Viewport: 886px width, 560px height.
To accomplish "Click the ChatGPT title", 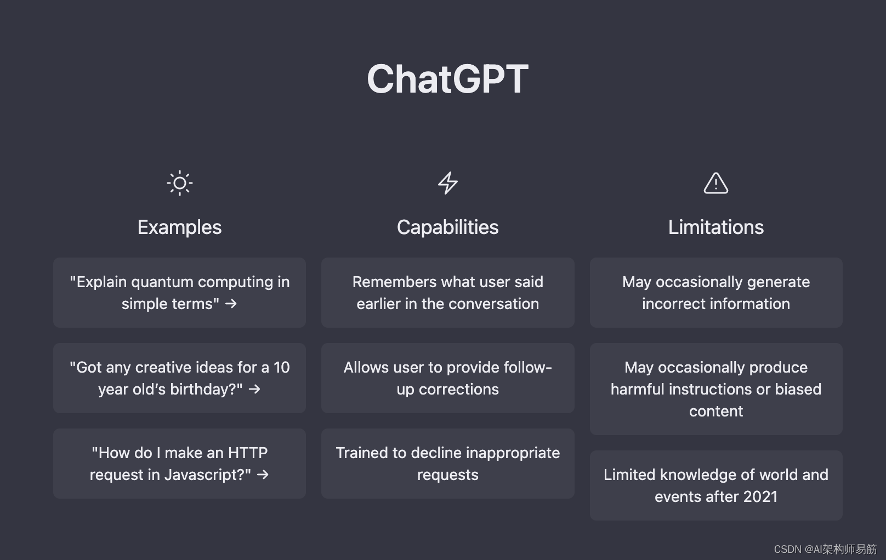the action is click(447, 79).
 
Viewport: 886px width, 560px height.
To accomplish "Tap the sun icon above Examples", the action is click(180, 183).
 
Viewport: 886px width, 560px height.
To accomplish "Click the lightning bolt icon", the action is click(448, 183).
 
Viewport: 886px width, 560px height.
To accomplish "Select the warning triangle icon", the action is click(716, 183).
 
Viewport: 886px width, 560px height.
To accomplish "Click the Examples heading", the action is click(180, 227).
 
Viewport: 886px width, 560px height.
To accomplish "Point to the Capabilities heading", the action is click(448, 227).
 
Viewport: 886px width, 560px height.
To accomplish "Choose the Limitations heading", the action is click(716, 227).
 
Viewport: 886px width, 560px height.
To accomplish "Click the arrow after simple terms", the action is click(231, 304).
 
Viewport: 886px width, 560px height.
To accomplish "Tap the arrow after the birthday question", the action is click(254, 389).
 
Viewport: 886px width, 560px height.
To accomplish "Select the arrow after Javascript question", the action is click(263, 475).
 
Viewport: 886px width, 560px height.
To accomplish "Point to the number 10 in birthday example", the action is click(282, 368).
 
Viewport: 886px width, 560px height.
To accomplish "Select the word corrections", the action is click(459, 390).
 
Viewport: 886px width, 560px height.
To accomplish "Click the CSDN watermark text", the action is click(825, 550).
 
